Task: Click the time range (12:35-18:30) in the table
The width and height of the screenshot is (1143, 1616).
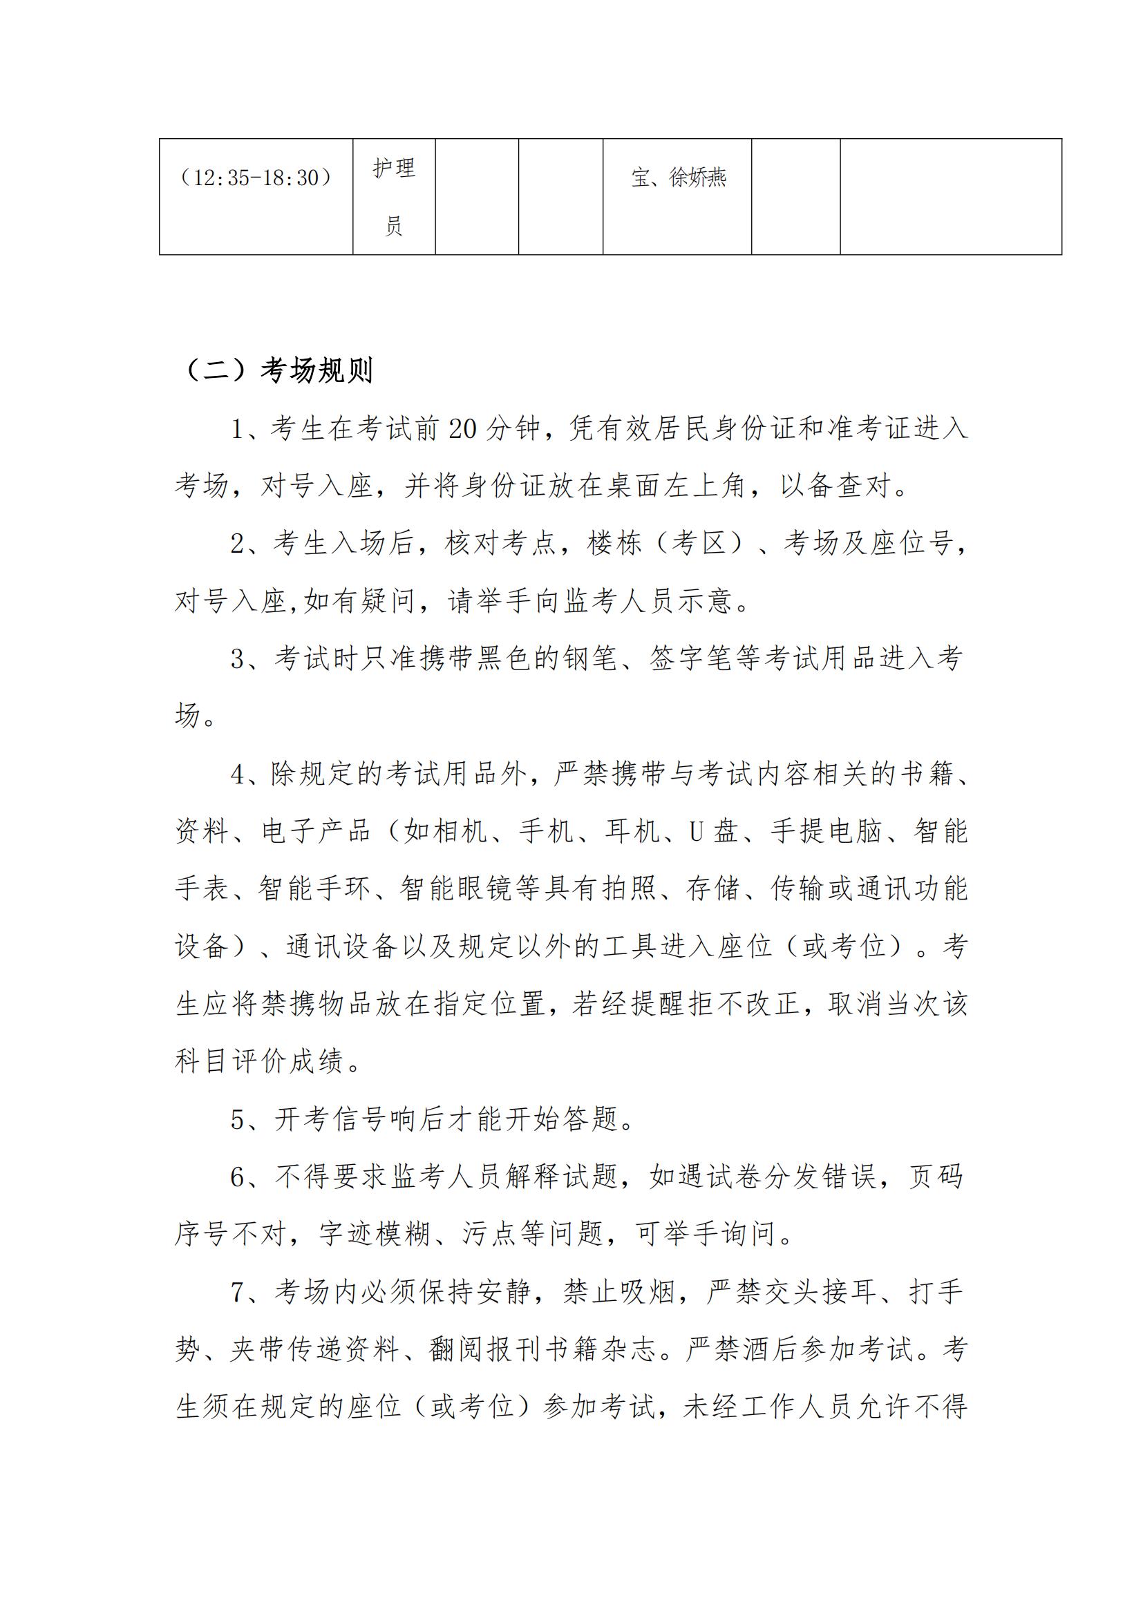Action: click(256, 178)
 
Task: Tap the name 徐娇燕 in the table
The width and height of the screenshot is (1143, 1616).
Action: click(697, 178)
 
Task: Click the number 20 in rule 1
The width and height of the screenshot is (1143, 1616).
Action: click(462, 428)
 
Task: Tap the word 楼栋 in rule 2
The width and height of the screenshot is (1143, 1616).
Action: click(614, 543)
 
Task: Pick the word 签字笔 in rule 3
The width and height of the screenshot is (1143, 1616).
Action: click(692, 659)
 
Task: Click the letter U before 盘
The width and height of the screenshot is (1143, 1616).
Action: click(696, 832)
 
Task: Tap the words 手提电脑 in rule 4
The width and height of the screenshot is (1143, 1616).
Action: click(826, 832)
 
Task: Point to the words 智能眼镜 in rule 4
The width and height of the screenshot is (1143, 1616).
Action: click(456, 889)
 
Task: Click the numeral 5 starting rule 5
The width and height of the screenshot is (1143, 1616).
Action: click(238, 1119)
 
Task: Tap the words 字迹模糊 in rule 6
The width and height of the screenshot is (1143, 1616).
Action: click(375, 1234)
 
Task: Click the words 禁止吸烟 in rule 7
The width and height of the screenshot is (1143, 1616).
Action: click(618, 1292)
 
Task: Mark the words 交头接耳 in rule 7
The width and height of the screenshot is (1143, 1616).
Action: click(821, 1292)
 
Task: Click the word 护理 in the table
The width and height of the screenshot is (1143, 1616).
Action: click(394, 169)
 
